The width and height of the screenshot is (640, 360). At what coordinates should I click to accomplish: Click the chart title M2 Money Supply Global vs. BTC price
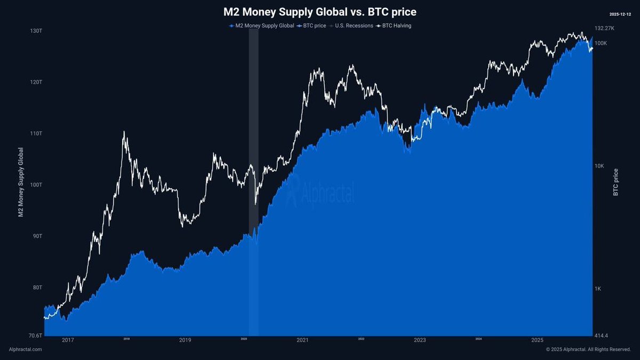tap(319, 12)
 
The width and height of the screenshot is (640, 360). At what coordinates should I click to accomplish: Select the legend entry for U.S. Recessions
tap(354, 26)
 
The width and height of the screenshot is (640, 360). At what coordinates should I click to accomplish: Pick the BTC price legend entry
tap(314, 26)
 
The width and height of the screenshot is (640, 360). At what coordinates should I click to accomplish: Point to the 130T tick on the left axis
tap(36, 31)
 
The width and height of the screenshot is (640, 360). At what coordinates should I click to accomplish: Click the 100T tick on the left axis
tap(35, 185)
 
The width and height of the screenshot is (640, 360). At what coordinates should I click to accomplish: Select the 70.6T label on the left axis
tap(35, 335)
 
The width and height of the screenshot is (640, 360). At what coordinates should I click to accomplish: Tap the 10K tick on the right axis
tap(599, 166)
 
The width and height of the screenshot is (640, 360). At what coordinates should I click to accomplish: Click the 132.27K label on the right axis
tap(604, 28)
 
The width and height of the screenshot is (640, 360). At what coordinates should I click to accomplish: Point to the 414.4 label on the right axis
tap(601, 335)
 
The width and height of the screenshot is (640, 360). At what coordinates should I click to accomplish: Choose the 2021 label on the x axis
tap(302, 340)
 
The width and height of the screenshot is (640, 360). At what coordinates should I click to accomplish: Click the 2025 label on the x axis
tap(537, 340)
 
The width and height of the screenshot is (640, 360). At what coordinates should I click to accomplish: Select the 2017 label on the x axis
tap(68, 340)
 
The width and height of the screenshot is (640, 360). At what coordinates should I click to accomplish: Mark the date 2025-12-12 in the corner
tap(619, 14)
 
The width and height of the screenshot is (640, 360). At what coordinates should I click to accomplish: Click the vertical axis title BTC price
tap(616, 182)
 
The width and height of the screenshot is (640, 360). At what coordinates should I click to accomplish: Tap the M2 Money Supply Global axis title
tap(21, 182)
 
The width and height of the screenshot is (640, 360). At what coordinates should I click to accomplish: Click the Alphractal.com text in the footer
tap(25, 349)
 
